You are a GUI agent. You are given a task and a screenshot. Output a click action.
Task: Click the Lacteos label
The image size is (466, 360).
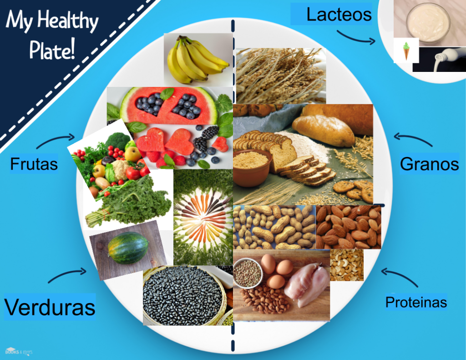[x=339, y=15]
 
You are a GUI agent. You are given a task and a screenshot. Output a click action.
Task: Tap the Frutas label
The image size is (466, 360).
[x=34, y=164]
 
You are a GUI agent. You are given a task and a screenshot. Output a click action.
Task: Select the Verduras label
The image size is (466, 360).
[x=50, y=307]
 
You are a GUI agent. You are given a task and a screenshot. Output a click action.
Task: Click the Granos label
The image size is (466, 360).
[x=429, y=164]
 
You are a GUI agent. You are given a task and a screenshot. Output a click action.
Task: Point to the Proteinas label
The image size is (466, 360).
[x=416, y=302]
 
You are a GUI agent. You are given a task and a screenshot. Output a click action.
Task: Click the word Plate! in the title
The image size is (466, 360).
[x=52, y=49]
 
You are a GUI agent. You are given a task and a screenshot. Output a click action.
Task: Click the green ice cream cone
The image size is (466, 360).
[x=406, y=51]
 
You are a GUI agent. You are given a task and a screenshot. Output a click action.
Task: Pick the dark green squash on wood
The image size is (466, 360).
[x=128, y=248]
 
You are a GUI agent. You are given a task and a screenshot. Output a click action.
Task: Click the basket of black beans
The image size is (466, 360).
[x=184, y=296]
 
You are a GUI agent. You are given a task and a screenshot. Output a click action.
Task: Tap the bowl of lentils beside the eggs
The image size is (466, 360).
[x=247, y=273]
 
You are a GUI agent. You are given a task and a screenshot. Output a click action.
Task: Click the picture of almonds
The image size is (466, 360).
[x=348, y=227]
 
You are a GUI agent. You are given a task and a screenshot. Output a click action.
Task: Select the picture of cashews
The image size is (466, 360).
[x=346, y=265]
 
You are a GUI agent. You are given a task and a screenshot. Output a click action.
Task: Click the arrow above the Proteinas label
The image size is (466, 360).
[x=399, y=275]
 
